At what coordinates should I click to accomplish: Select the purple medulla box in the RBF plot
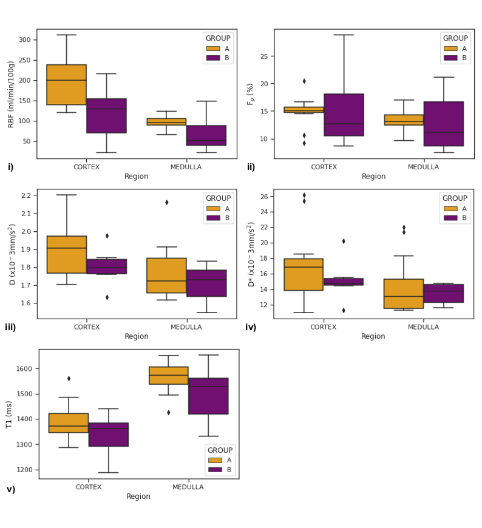point(206,135)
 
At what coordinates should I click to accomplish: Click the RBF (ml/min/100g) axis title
point(12,94)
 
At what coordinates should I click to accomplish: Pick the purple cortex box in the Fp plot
point(344,115)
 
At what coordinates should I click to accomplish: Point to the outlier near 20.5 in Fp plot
point(304,81)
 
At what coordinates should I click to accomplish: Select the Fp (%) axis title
point(250,94)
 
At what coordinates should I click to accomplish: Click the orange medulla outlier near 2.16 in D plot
point(166,203)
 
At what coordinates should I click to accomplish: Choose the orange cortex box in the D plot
point(67,254)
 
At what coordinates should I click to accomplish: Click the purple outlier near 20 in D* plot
point(344,241)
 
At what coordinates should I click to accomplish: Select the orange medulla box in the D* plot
point(404,294)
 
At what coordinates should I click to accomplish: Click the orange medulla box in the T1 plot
point(169,375)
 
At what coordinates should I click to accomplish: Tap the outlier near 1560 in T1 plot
point(69,379)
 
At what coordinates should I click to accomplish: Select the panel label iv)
point(251,328)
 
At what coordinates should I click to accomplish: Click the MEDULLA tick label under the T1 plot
point(188,487)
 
